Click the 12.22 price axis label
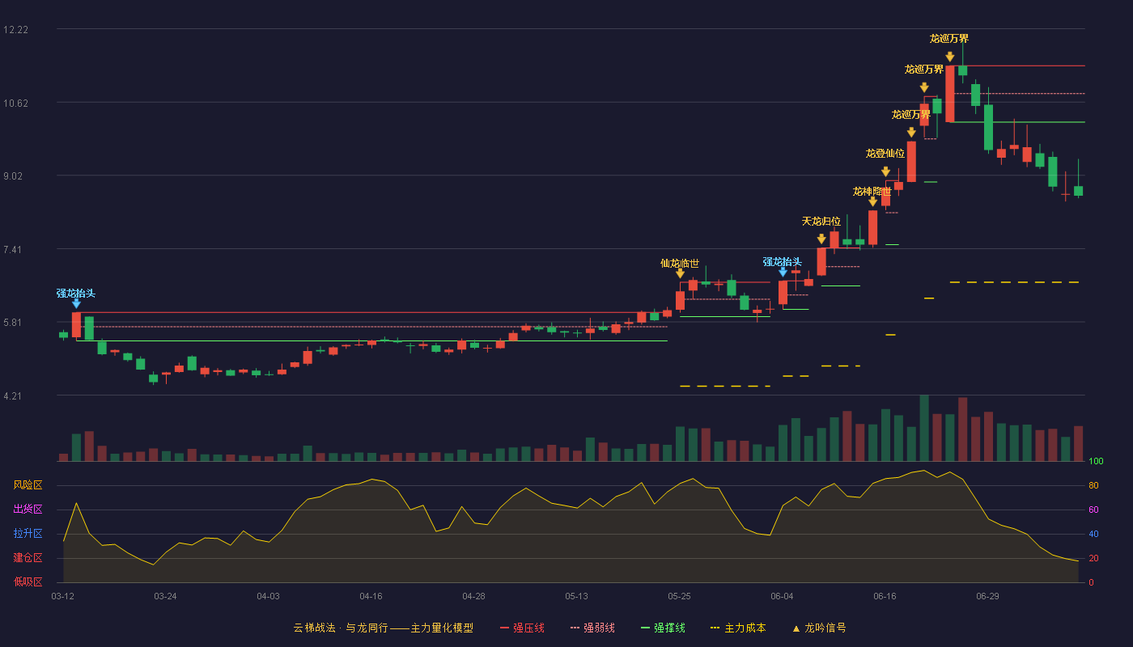(x=15, y=30)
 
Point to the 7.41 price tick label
(x=13, y=250)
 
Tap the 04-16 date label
(x=371, y=597)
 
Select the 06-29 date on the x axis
(x=987, y=597)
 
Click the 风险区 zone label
(x=28, y=485)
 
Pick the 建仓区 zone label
(x=28, y=558)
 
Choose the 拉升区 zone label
(x=28, y=534)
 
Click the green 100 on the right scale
(x=1096, y=461)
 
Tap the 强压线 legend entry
(x=522, y=628)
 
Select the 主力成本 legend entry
(x=738, y=628)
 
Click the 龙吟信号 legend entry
(x=819, y=628)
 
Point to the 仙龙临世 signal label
(x=680, y=264)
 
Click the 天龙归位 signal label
(x=821, y=222)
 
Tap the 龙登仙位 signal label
(x=885, y=153)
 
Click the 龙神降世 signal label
(x=872, y=192)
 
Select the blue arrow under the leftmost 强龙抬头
(x=76, y=303)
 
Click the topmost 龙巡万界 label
(x=949, y=39)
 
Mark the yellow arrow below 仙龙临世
(x=680, y=273)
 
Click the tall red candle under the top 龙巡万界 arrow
(x=950, y=94)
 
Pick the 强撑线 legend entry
(x=663, y=628)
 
